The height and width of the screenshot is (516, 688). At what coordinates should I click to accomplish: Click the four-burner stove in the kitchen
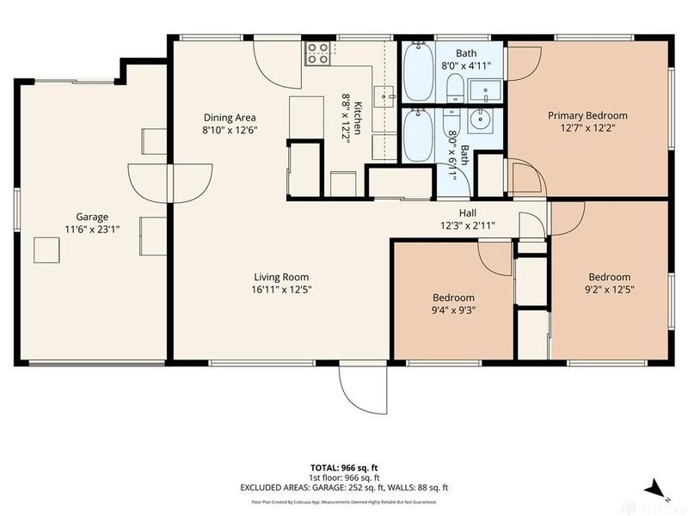[x=317, y=53]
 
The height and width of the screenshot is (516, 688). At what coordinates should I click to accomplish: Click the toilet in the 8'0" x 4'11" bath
[x=455, y=87]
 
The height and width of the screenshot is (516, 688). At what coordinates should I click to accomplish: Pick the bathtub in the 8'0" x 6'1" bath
[x=418, y=136]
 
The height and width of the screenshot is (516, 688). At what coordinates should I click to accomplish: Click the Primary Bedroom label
[x=587, y=115]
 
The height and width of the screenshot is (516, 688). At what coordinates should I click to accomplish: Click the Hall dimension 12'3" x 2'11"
[x=467, y=226]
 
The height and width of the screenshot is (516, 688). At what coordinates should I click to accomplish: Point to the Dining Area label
[x=229, y=118]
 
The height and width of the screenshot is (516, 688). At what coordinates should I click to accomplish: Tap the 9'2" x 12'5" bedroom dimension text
[x=609, y=291]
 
